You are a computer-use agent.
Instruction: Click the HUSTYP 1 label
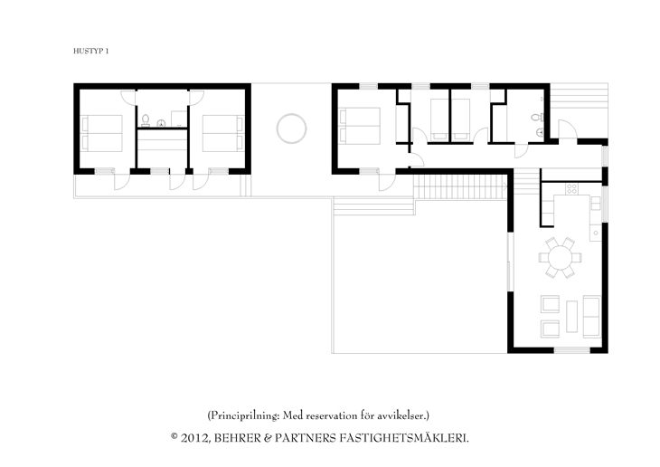(x=91, y=51)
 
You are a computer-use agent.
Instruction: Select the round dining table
(x=560, y=257)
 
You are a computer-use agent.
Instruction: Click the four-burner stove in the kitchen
(x=571, y=189)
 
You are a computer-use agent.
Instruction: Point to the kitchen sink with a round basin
(x=596, y=233)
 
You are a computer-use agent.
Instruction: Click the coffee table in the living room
(x=571, y=316)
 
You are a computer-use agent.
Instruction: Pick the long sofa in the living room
(x=591, y=316)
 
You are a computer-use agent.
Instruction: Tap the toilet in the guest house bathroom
(x=146, y=120)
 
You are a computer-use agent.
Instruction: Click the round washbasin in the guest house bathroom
(x=161, y=123)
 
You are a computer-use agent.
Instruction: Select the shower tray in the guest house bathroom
(x=179, y=119)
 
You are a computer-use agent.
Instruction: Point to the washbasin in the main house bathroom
(x=541, y=133)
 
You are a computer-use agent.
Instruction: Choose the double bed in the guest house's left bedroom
(x=102, y=133)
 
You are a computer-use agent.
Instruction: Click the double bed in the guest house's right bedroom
(x=223, y=133)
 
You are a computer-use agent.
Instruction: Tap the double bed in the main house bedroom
(x=360, y=126)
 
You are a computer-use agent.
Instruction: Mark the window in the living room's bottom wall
(x=571, y=350)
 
